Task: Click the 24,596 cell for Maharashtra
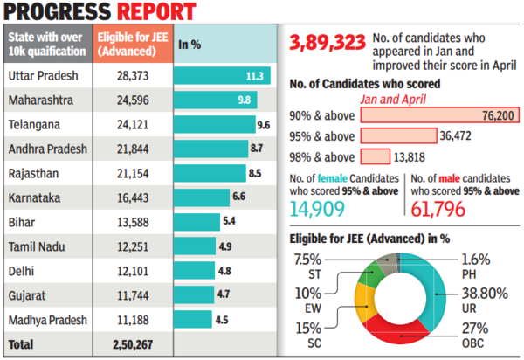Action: (134, 101)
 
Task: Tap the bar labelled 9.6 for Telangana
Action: (214, 126)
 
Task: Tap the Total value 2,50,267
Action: (134, 345)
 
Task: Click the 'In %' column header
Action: (190, 43)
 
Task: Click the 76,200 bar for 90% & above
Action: (428, 114)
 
